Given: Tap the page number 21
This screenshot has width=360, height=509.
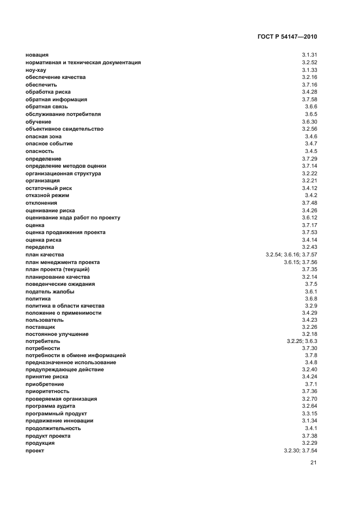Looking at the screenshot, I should coord(313,463).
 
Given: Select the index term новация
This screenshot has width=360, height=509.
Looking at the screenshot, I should coord(37,55).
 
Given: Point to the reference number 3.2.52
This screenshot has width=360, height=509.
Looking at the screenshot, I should coord(309,63).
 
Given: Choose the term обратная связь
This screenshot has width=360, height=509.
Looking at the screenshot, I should coord(46,107).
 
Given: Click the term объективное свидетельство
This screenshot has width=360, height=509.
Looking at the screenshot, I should coord(64,129).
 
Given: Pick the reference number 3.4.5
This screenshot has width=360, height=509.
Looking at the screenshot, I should coord(311,151).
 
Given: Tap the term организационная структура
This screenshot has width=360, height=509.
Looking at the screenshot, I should coord(63,173).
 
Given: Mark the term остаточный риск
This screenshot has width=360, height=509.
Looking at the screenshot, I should coord(48,188).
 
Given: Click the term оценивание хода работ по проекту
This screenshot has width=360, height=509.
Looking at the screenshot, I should coord(73,218).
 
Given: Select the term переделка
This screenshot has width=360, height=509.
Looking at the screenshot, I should coord(40,247).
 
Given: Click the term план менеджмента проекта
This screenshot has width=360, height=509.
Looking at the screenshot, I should coord(63,262).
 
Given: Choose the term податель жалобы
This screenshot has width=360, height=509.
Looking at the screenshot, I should coord(50,291).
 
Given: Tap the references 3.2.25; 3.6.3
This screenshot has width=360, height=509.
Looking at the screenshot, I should coord(302,341).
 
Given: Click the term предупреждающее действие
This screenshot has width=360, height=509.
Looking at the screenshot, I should coord(65,370).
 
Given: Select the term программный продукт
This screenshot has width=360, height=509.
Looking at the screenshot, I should coord(56,414).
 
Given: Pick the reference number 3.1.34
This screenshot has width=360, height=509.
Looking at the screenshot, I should coord(309,421).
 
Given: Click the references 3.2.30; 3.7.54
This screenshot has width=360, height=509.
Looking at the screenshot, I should coord(300,451).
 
